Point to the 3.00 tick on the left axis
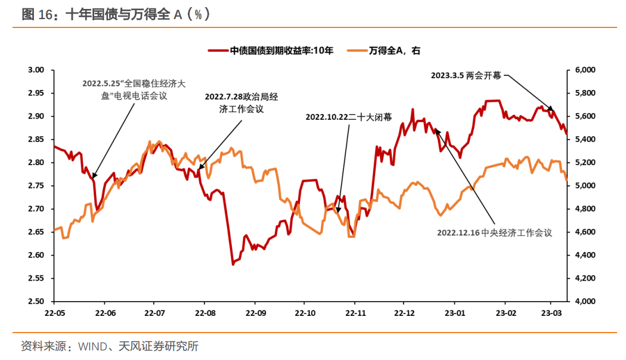point(36,70)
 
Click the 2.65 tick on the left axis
point(36,232)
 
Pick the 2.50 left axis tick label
point(36,302)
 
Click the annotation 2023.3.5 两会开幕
point(466,76)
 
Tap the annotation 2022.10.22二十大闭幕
point(349,117)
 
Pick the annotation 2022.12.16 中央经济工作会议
point(494,233)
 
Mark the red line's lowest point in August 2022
point(233,264)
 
